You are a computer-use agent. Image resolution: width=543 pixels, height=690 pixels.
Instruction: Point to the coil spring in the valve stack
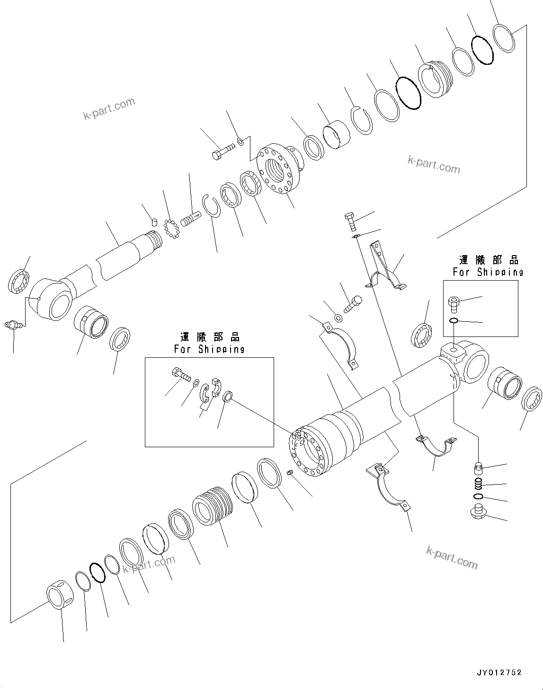[x=479, y=484]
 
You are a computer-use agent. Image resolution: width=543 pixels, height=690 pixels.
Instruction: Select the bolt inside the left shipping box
[x=179, y=374]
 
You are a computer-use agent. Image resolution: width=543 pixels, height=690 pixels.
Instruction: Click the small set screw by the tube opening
[x=291, y=473]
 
